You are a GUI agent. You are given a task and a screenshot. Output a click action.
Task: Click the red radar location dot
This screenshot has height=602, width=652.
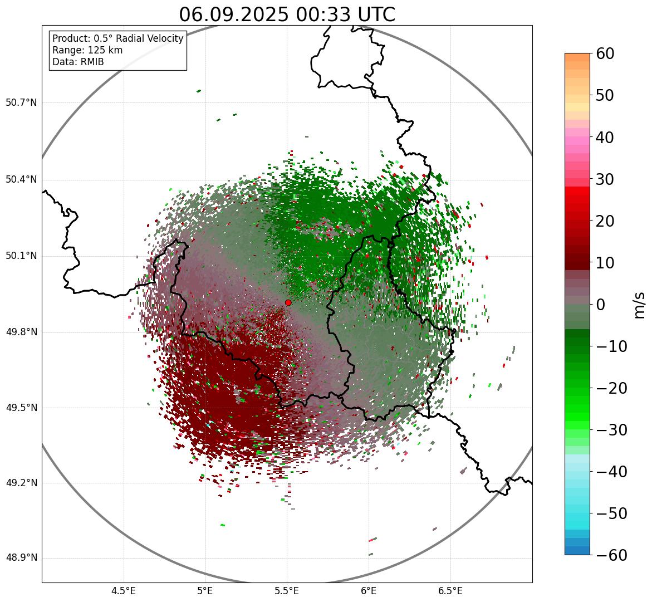pyautogui.click(x=288, y=302)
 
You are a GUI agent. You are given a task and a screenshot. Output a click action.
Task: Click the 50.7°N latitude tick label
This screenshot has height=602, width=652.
pyautogui.click(x=21, y=103)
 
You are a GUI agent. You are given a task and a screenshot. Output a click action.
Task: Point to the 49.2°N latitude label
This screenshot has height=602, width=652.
pyautogui.click(x=21, y=483)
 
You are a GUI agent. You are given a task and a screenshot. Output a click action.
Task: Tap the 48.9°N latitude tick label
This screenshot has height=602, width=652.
pyautogui.click(x=21, y=558)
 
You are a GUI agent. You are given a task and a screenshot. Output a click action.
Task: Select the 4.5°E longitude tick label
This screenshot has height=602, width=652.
pyautogui.click(x=124, y=591)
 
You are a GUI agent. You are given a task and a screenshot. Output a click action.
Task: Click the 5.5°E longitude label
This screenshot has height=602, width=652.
pyautogui.click(x=287, y=591)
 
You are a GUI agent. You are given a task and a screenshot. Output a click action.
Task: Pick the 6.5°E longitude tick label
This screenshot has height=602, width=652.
pyautogui.click(x=450, y=591)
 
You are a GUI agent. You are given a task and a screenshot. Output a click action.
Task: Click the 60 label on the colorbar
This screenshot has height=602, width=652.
pyautogui.click(x=605, y=53)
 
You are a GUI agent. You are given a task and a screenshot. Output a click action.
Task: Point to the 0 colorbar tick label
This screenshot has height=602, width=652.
pyautogui.click(x=601, y=305)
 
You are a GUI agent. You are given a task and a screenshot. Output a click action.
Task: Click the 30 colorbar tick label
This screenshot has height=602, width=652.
pyautogui.click(x=605, y=179)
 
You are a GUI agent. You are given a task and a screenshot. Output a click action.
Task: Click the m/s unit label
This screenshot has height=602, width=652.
pyautogui.click(x=639, y=305)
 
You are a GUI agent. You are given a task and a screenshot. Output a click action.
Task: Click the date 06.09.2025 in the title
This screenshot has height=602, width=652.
pyautogui.click(x=233, y=14)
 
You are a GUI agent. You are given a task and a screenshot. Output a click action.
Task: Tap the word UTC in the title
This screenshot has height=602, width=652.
pyautogui.click(x=374, y=14)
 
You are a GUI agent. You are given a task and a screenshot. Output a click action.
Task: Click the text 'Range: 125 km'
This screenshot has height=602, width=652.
pyautogui.click(x=87, y=50)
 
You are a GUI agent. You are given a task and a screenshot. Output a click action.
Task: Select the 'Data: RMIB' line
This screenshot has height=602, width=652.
pyautogui.click(x=78, y=62)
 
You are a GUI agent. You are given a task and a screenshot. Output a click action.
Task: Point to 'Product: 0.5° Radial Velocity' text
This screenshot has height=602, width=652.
pyautogui.click(x=117, y=38)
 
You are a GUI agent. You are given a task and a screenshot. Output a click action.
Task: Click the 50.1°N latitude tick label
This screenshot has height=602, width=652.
pyautogui.click(x=21, y=256)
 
